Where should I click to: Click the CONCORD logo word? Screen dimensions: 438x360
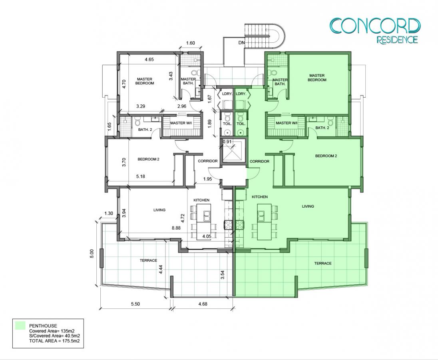(x=375, y=26)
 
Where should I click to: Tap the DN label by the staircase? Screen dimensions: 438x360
(x=241, y=43)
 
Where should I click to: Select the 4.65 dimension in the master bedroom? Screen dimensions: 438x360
(x=149, y=59)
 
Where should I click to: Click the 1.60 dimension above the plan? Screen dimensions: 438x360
(x=190, y=43)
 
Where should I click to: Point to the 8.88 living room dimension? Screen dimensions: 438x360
(x=176, y=228)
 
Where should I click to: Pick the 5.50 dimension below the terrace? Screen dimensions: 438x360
(x=135, y=304)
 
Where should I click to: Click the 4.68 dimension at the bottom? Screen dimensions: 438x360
(x=203, y=304)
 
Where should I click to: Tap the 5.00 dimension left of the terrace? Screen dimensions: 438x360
(x=92, y=254)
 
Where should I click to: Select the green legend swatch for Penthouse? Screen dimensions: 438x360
(x=20, y=326)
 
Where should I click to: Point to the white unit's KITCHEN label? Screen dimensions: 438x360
(x=201, y=200)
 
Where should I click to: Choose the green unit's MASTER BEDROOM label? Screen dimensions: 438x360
(x=317, y=78)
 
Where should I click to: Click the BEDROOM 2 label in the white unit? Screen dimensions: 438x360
(x=148, y=159)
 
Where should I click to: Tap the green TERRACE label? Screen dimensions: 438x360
(x=323, y=263)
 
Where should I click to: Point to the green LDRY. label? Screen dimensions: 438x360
(x=241, y=94)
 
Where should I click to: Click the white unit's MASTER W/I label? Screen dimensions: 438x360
(x=181, y=123)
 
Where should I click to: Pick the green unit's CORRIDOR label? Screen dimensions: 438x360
(x=259, y=161)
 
